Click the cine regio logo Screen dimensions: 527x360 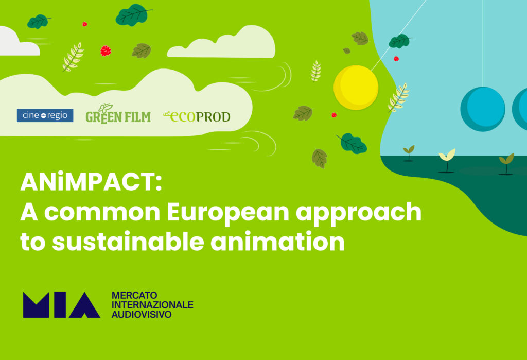point(45,115)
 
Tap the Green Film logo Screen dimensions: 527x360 point(118,114)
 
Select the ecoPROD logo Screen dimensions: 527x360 point(197,116)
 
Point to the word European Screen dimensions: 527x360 point(228,213)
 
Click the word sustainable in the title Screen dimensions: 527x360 point(128,242)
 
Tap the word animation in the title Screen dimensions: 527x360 point(277,242)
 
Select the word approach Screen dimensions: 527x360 point(359,213)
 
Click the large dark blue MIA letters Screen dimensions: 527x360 point(62,305)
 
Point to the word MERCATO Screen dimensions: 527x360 point(134,296)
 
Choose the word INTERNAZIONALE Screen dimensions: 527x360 point(152,305)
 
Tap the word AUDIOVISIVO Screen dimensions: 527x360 point(142,314)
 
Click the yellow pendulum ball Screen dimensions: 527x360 point(356,88)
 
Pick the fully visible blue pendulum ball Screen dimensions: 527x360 point(483,109)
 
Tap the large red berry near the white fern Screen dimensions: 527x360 point(106,51)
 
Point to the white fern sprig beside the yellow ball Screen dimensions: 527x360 point(399,97)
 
